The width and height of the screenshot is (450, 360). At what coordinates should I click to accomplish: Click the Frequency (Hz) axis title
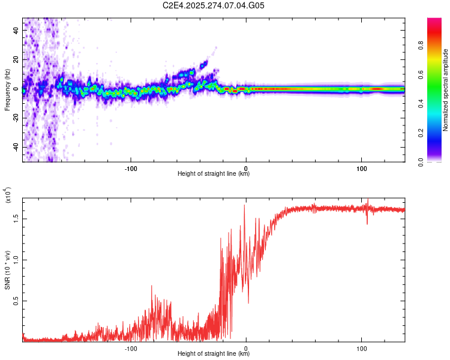7,90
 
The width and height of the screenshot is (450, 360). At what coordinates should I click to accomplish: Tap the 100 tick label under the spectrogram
361,168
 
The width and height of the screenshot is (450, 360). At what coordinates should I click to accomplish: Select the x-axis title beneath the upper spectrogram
214,174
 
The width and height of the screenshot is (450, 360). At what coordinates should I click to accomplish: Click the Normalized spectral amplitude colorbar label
446,90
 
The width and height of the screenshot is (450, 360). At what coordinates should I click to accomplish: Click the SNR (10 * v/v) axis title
7,270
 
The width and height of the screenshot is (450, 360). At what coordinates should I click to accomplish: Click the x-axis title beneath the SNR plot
214,354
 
